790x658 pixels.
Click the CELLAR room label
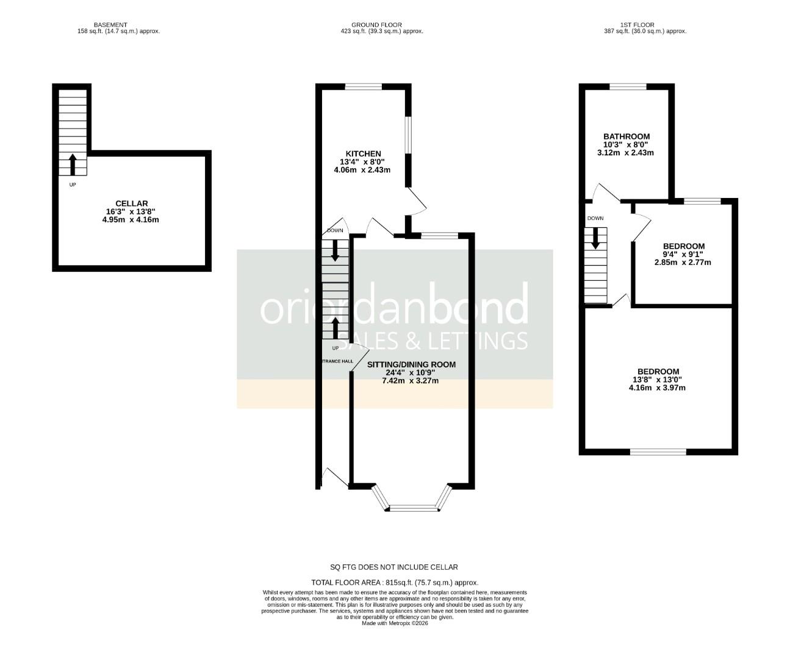point(131,203)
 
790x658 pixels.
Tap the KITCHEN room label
point(363,154)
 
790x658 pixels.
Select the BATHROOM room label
point(626,136)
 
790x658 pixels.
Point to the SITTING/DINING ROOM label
point(411,365)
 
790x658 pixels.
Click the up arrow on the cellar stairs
point(73,164)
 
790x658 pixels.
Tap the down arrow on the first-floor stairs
point(595,239)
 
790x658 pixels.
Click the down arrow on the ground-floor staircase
point(335,250)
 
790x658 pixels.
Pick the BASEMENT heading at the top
point(110,25)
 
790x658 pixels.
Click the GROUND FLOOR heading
point(376,25)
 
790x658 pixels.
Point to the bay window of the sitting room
point(414,506)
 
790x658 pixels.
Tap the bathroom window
point(628,87)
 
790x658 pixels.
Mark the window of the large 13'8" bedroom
point(658,451)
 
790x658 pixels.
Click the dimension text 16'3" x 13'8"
point(131,211)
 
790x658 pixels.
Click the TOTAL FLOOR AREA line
point(395,582)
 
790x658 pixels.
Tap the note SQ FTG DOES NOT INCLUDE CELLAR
point(393,567)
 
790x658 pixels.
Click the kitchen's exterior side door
point(417,201)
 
